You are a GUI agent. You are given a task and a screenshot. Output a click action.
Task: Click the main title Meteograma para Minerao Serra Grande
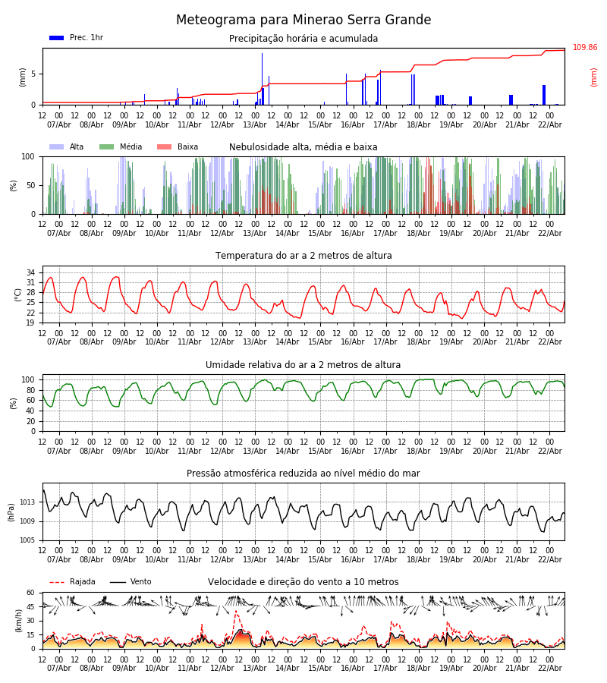point(303,20)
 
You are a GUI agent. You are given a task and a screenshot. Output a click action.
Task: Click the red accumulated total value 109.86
point(584,48)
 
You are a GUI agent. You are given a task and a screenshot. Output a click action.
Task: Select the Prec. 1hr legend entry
point(76,38)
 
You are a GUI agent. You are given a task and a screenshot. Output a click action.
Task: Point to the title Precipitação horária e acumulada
point(303,39)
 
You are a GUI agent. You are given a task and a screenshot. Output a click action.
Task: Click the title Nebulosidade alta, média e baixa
point(303,147)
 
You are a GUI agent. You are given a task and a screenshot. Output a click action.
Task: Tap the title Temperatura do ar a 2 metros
point(303,256)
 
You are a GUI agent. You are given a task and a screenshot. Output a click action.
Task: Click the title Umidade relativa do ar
point(303,365)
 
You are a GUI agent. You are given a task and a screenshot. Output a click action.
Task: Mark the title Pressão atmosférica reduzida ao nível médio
point(303,474)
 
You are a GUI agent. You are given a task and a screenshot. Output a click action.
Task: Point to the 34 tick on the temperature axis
point(31,272)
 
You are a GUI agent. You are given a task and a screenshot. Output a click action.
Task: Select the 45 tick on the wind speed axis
point(31,606)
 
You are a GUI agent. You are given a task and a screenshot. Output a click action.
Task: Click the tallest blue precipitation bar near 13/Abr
point(263,78)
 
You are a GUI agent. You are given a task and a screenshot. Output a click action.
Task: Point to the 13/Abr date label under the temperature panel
point(254,341)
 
